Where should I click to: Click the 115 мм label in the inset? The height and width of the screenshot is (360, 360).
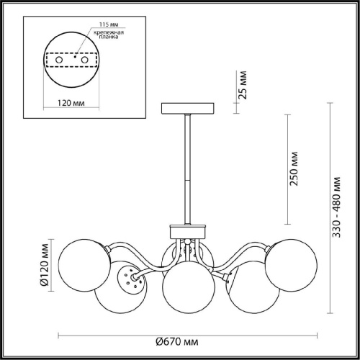(109, 24)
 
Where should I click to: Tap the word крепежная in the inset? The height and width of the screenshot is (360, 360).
(109, 32)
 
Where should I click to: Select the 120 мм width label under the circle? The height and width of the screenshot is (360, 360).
(71, 103)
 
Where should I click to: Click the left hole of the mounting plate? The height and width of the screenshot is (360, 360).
(59, 60)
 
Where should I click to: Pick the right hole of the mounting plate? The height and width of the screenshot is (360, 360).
(84, 60)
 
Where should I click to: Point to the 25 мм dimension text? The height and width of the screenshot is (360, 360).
(243, 85)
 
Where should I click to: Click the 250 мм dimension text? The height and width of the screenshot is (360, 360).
(294, 168)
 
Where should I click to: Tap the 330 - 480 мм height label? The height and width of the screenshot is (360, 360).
(336, 207)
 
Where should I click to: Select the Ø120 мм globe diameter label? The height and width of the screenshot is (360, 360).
(44, 265)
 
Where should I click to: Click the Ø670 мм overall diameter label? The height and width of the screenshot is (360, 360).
(177, 341)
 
